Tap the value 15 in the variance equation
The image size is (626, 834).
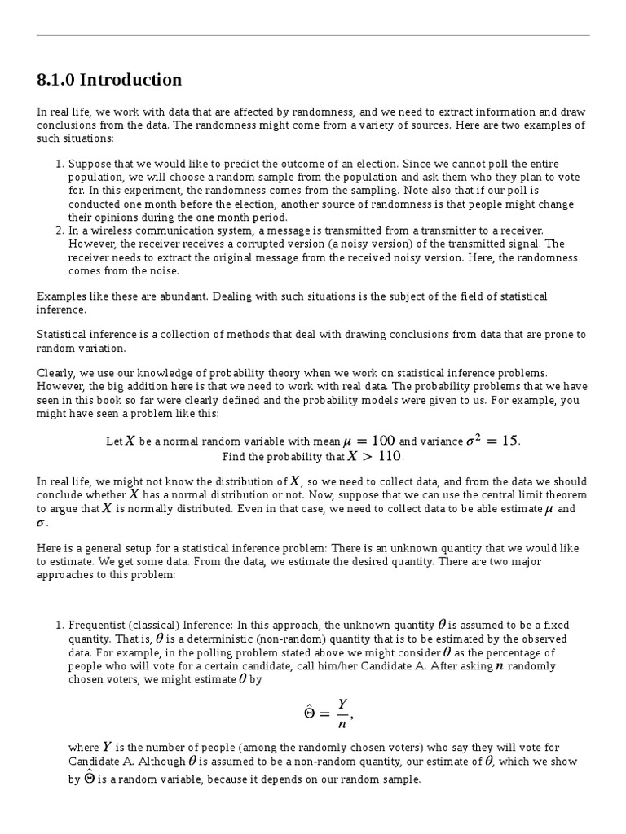[509, 441]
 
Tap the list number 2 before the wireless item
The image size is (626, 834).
[59, 230]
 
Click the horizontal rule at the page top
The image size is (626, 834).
[313, 35]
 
